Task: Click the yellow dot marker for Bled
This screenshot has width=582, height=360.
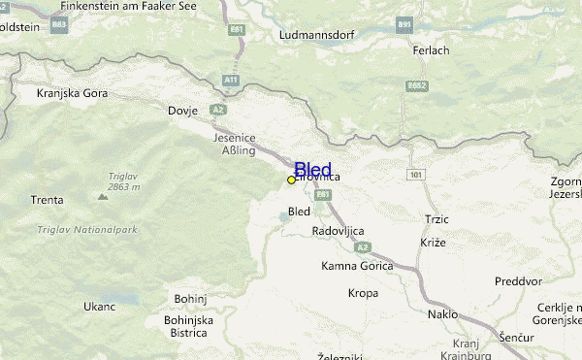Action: click(291, 180)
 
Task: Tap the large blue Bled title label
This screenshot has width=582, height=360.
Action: click(312, 170)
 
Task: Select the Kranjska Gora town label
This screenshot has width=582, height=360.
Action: click(72, 94)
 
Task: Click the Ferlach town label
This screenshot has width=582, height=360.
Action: click(431, 50)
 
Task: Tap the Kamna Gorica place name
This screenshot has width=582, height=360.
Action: click(356, 266)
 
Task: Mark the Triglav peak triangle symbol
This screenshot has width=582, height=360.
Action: click(102, 196)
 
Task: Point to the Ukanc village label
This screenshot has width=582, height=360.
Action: click(99, 307)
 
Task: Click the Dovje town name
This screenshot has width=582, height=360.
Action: click(182, 110)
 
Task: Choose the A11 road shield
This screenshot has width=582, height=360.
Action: click(230, 79)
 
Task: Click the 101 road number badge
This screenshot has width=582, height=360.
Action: click(416, 175)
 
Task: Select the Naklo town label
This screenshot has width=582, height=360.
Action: click(441, 314)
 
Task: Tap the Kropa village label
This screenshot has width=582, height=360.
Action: click(363, 292)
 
